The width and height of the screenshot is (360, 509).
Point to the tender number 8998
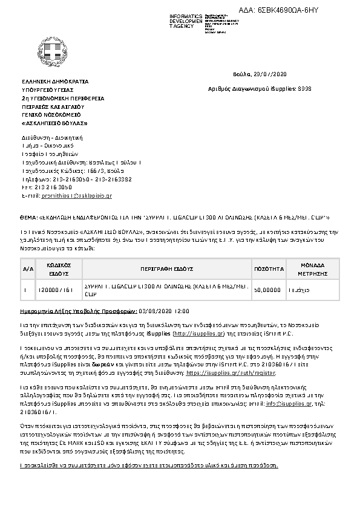305,89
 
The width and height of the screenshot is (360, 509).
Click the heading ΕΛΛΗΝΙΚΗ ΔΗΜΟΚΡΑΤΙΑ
54,80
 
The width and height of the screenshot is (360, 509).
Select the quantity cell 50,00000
267,290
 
